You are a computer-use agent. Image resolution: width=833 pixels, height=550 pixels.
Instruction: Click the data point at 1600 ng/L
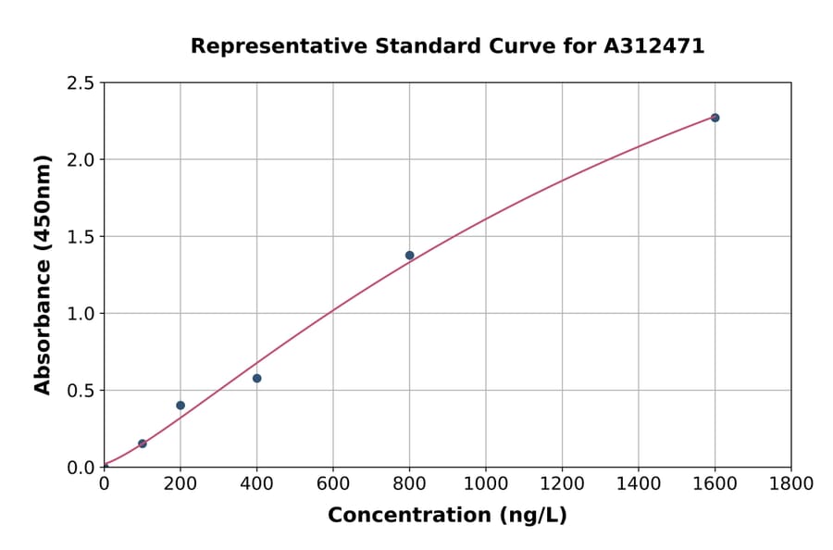[x=715, y=118]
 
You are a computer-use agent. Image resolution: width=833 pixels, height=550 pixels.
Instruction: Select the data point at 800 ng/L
[x=409, y=256]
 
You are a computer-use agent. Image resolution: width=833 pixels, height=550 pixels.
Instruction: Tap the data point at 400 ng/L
[x=256, y=378]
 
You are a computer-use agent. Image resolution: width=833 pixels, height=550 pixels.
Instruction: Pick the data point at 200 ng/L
[x=180, y=406]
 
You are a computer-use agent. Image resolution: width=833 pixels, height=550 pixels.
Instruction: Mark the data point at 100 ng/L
[x=142, y=444]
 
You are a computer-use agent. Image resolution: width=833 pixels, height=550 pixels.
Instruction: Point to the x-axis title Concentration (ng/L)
[x=447, y=516]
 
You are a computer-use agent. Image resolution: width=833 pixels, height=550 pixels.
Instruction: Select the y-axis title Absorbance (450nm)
[x=43, y=274]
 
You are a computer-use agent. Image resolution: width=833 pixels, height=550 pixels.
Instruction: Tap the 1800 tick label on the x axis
[x=791, y=483]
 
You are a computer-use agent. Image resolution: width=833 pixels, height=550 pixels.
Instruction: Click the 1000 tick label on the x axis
[x=486, y=483]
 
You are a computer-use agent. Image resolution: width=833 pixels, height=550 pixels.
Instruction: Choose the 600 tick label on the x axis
[x=333, y=483]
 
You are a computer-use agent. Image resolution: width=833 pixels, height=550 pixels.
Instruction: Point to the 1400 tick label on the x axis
[x=639, y=483]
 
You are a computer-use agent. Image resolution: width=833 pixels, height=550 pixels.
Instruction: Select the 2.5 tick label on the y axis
[x=81, y=83]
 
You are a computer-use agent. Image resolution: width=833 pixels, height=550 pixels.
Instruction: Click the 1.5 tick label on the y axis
[x=81, y=237]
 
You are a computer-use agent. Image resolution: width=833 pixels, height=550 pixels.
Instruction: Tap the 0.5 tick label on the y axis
[x=81, y=391]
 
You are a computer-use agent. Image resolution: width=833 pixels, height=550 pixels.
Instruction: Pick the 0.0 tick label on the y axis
[x=81, y=468]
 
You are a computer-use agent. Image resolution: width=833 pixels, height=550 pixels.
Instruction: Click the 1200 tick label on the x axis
[x=562, y=483]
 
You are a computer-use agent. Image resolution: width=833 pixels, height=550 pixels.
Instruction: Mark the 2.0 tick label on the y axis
[x=81, y=160]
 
